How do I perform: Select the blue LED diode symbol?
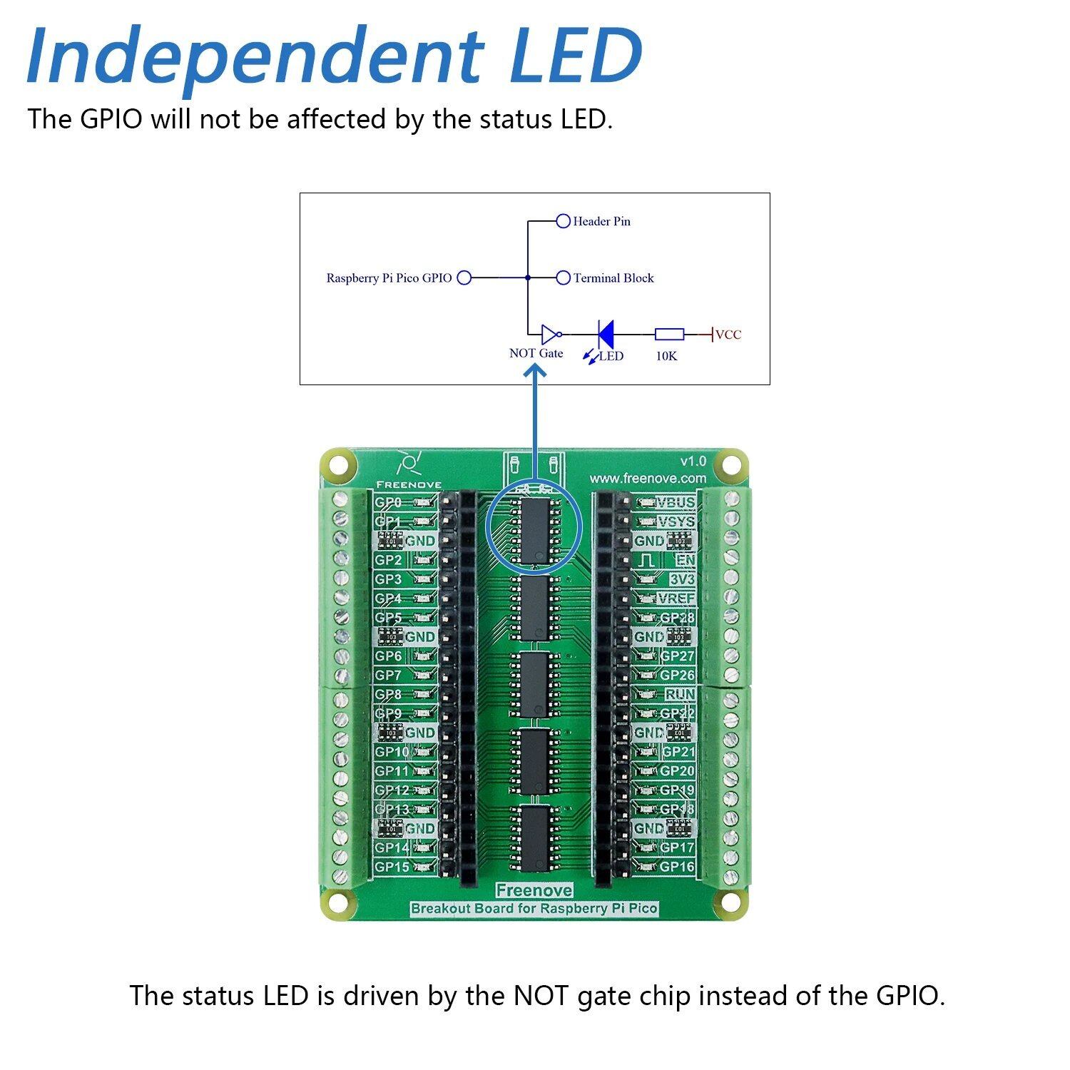(606, 334)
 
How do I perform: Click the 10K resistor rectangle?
(669, 334)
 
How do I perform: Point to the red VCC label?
(728, 335)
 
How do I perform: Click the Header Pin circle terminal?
(563, 221)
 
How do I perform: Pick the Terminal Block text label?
(613, 278)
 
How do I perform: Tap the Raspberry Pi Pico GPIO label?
(389, 278)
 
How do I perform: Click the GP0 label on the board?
(389, 502)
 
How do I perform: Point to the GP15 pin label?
(392, 867)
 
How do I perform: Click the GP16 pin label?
(677, 867)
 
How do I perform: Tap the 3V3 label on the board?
(681, 579)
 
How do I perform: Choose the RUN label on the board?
(680, 694)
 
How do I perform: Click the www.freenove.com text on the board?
(648, 478)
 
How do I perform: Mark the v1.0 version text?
(693, 461)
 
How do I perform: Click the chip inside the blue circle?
(533, 529)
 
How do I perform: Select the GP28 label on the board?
(677, 618)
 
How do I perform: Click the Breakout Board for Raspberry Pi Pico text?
(534, 909)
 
